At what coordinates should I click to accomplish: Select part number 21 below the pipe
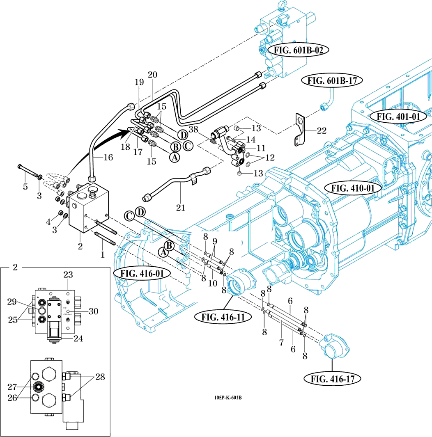[181, 208]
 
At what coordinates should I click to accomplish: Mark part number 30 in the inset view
[94, 311]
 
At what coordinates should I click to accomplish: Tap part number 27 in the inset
[12, 386]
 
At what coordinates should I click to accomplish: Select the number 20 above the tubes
[152, 75]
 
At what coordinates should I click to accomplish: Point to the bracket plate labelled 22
[299, 130]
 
